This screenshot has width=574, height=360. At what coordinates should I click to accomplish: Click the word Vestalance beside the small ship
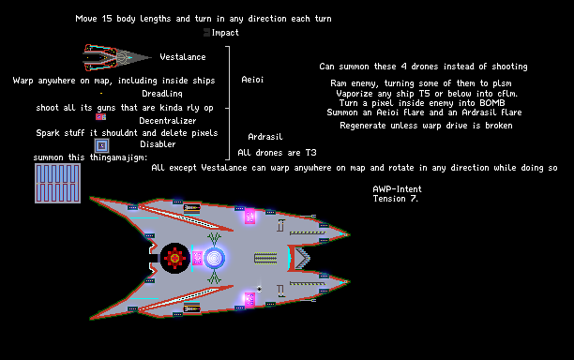pos(183,57)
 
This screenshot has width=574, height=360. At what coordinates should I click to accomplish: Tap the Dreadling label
pos(162,94)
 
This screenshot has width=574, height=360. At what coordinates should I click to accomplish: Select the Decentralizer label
pos(167,121)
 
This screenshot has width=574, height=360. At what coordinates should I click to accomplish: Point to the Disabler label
pos(158,144)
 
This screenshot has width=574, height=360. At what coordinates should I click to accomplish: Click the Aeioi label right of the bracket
pos(252,80)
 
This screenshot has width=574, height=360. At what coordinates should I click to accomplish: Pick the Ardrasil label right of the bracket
pos(265,137)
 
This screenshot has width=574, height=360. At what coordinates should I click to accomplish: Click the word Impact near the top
pos(225,33)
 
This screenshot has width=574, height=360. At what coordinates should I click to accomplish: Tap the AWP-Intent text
pos(397,189)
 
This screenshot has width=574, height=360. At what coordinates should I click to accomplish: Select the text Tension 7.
pos(396,199)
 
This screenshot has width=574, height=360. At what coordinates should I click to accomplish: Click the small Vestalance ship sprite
pos(117,57)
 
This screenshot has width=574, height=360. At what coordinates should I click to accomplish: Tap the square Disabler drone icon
pos(102,145)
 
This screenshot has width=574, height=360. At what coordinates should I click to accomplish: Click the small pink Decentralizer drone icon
pos(100,117)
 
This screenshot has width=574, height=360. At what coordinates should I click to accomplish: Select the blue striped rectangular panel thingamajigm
pos(57,184)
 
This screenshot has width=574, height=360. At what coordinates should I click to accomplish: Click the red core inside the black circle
pos(175,259)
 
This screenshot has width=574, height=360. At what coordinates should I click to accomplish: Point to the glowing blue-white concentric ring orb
pos(214,259)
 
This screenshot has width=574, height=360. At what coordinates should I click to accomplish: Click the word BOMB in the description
pos(492,103)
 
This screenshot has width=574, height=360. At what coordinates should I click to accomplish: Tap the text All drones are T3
pos(277,153)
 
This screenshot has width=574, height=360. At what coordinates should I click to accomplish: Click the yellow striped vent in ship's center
pos(265,259)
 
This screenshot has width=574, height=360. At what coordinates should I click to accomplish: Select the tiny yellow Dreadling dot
pos(101,94)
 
